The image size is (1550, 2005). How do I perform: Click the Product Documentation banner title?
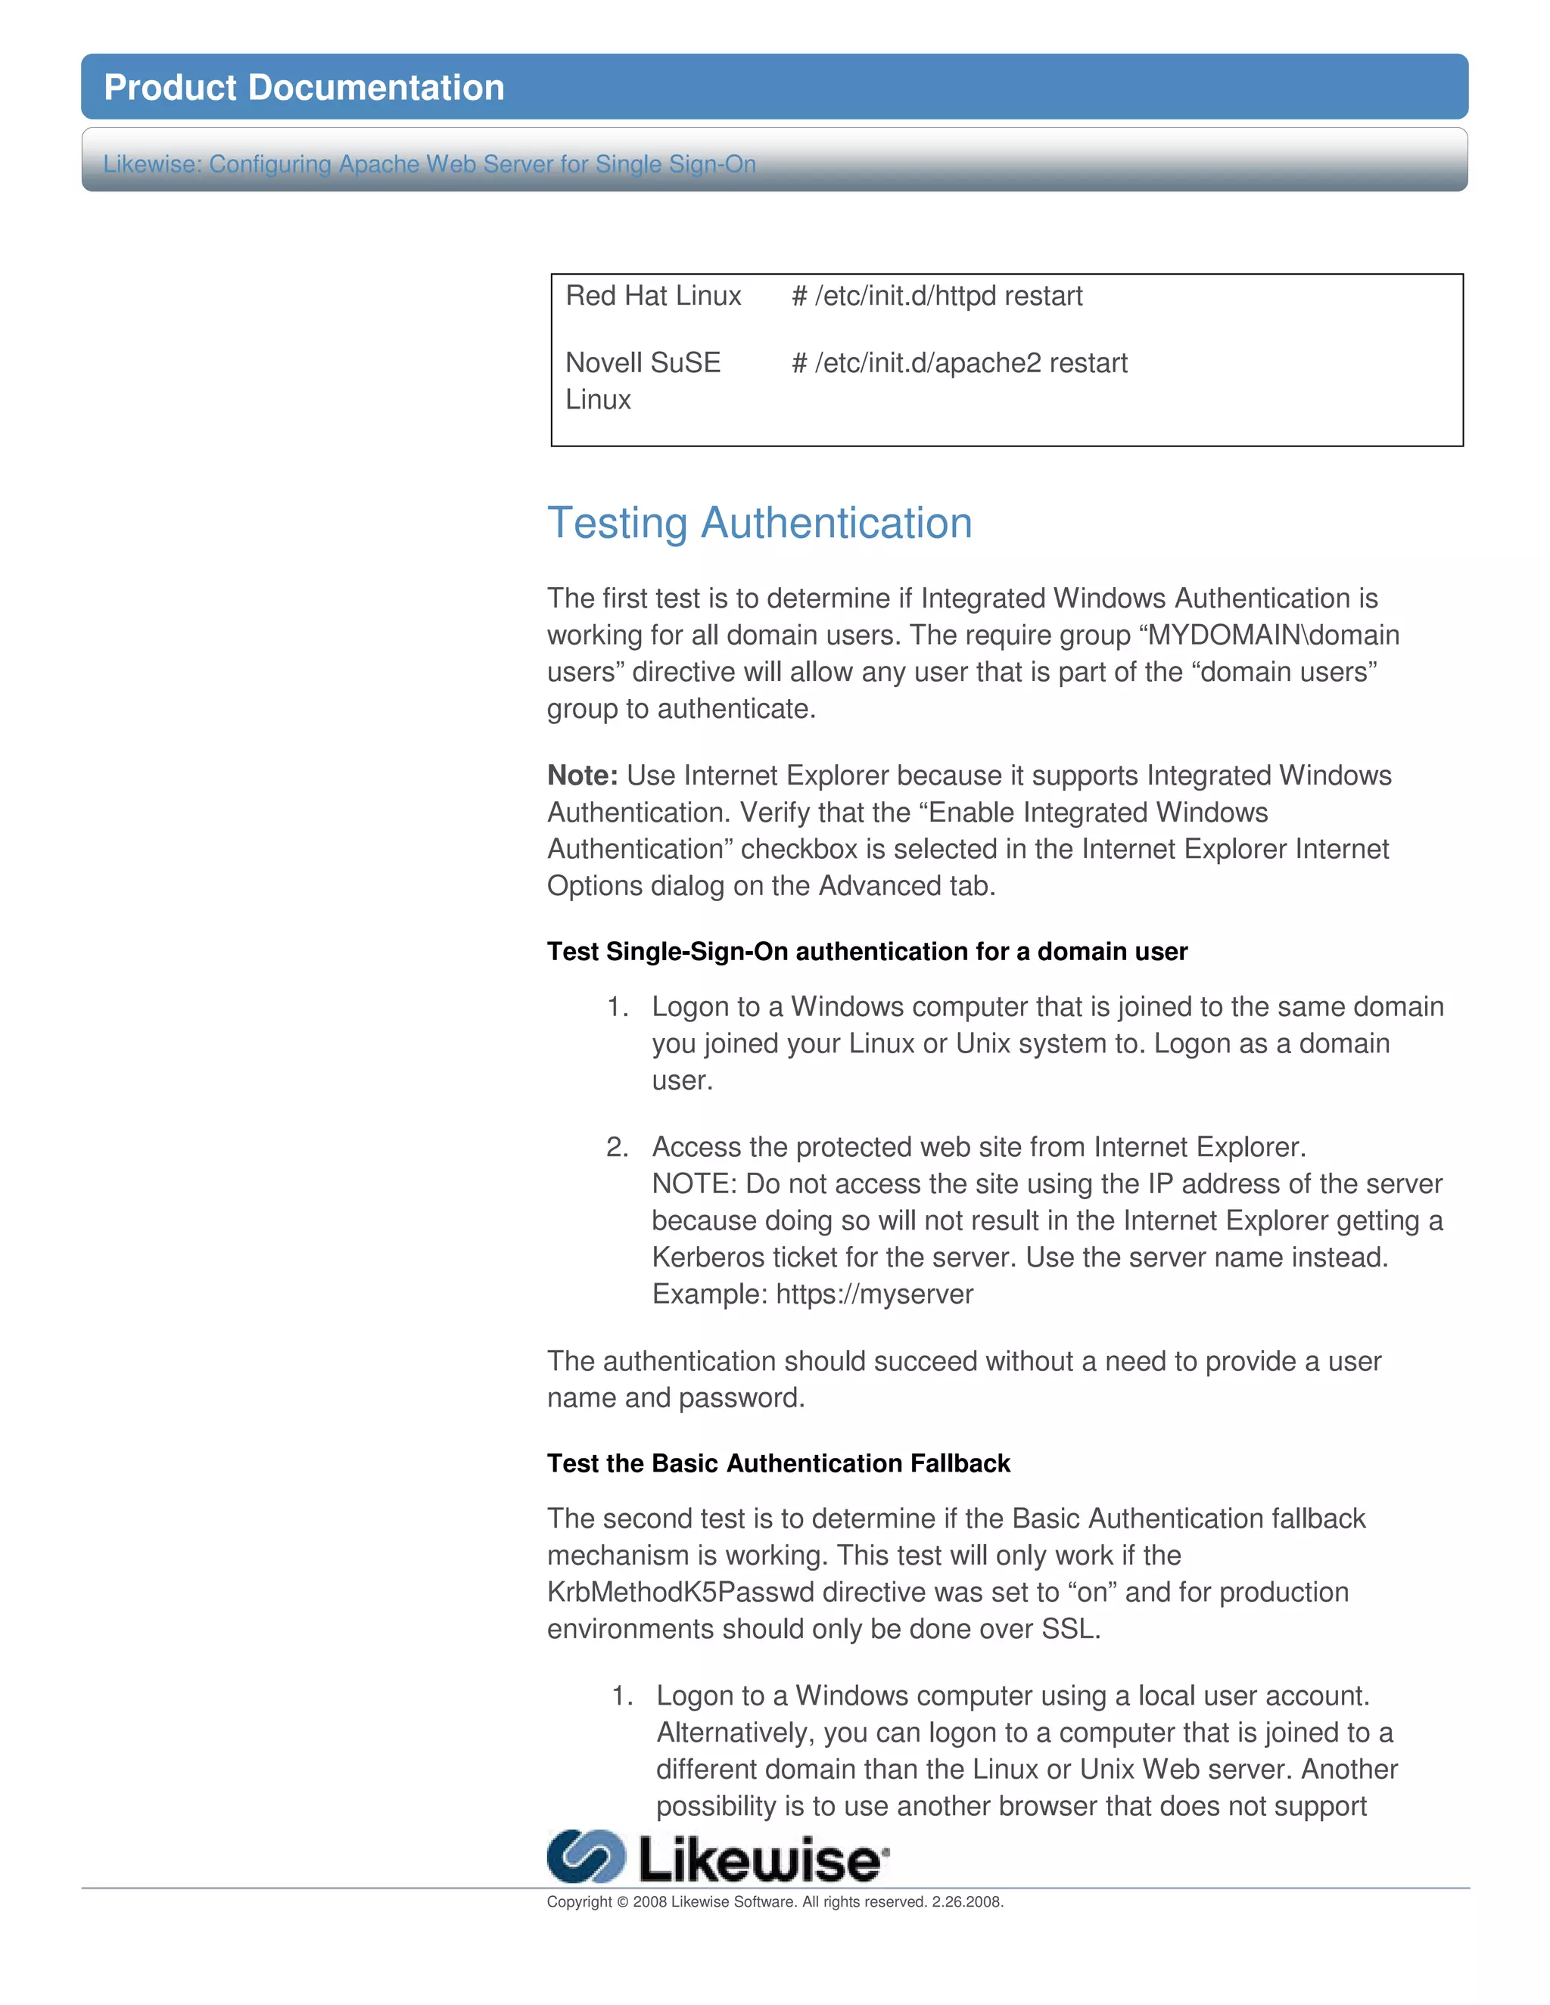click(304, 87)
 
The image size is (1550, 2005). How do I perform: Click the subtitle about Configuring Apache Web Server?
click(429, 164)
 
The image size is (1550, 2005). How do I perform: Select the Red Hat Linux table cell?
click(653, 296)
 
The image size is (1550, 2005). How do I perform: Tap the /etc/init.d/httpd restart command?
click(937, 296)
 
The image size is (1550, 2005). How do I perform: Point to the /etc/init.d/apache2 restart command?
click(959, 362)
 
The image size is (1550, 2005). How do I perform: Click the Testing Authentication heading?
click(759, 524)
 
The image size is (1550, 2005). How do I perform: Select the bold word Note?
click(582, 776)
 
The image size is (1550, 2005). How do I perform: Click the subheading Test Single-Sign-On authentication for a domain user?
click(867, 951)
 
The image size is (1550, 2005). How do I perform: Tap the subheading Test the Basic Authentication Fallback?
click(778, 1463)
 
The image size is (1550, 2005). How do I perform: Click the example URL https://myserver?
click(874, 1295)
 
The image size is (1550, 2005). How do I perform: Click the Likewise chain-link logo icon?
click(586, 1856)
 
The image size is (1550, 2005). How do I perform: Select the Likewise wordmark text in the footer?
click(761, 1860)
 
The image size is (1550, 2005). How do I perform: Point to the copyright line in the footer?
click(774, 1902)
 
